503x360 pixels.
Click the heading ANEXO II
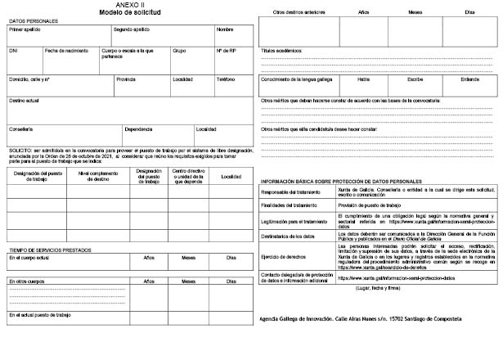tap(130, 5)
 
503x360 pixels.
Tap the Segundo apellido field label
tap(131, 29)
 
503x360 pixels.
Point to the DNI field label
tap(13, 50)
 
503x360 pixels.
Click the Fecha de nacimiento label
tap(66, 50)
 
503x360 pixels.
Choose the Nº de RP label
tap(227, 50)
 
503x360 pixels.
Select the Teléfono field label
tap(225, 79)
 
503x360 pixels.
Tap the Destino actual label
tap(25, 100)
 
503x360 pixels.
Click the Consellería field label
tap(21, 129)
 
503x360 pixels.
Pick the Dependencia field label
tap(139, 129)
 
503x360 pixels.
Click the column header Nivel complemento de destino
tap(96, 177)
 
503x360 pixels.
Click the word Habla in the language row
tap(364, 79)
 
